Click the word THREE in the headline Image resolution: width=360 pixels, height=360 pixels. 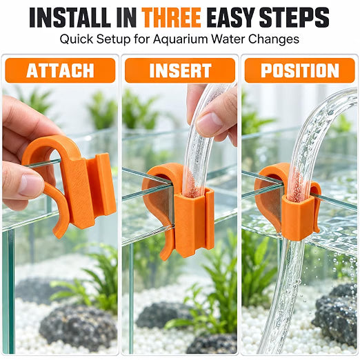point(171,17)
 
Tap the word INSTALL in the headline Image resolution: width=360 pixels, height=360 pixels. point(70,17)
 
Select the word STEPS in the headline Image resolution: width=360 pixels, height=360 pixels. point(294,17)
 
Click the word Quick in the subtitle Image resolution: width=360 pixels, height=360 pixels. point(77,39)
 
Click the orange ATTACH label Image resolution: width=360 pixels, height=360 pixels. point(60,70)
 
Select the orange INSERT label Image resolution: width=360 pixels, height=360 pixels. point(180,70)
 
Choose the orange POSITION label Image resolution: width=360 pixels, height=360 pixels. point(300,70)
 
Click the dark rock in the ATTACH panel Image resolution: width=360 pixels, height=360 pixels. point(78,326)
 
